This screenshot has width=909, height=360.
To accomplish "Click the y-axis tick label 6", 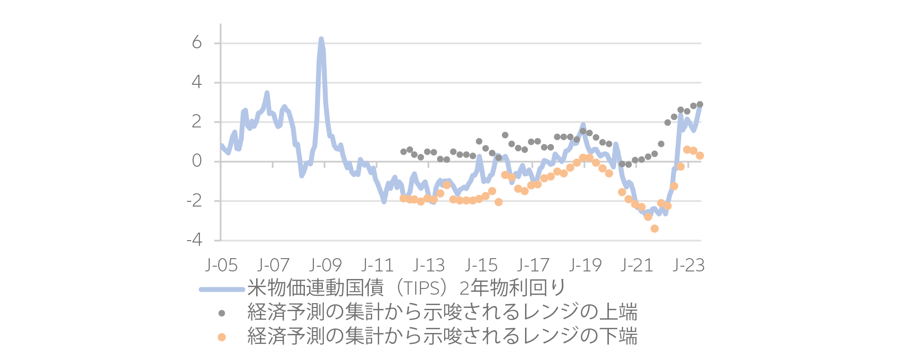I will pyautogui.click(x=197, y=43).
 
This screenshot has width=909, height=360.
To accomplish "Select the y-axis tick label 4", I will pyautogui.click(x=197, y=82).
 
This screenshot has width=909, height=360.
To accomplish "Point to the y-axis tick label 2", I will pyautogui.click(x=197, y=122).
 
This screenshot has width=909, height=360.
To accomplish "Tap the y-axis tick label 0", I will pyautogui.click(x=197, y=161).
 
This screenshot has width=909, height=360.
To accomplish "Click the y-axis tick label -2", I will pyautogui.click(x=194, y=200).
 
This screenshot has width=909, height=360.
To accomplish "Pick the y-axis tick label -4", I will pyautogui.click(x=194, y=240).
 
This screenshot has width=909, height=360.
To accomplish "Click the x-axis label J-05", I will pyautogui.click(x=222, y=265).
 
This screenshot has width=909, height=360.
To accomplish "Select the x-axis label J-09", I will pyautogui.click(x=325, y=265).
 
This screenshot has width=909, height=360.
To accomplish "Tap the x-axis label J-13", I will pyautogui.click(x=429, y=265).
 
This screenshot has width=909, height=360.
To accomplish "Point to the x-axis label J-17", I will pyautogui.click(x=533, y=265).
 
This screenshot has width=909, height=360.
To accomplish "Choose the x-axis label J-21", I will pyautogui.click(x=637, y=265).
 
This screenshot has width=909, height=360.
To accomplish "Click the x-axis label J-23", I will pyautogui.click(x=689, y=265).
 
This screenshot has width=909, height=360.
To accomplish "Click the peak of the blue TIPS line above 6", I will pyautogui.click(x=321, y=39).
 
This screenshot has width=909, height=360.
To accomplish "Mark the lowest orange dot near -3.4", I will pyautogui.click(x=654, y=229).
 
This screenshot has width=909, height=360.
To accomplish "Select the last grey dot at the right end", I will pyautogui.click(x=700, y=104).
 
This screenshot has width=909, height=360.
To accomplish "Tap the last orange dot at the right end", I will pyautogui.click(x=700, y=156).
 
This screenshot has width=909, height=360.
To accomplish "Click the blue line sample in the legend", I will pyautogui.click(x=222, y=289).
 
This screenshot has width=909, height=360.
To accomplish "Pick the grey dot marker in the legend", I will pyautogui.click(x=222, y=313).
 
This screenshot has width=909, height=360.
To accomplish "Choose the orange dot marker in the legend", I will pyautogui.click(x=222, y=337).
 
